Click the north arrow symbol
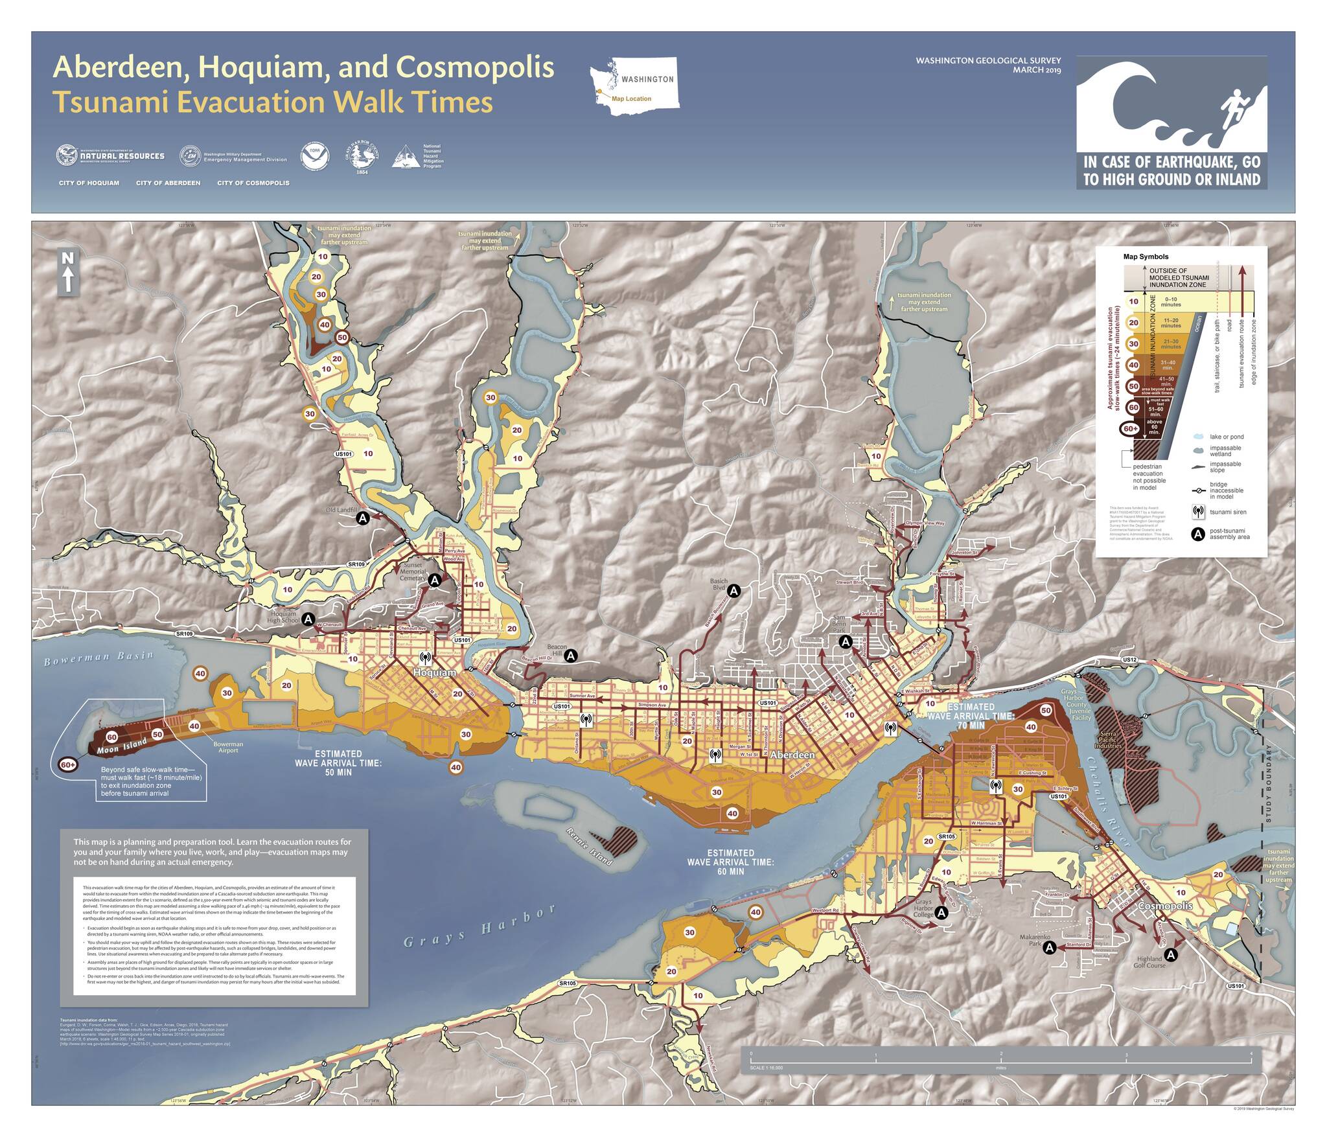69,271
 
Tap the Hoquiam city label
434,672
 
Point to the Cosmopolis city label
1164,906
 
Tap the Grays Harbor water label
479,926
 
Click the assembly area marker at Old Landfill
363,518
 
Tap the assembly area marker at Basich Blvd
733,590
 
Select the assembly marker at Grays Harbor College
942,912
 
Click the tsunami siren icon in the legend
1198,512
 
